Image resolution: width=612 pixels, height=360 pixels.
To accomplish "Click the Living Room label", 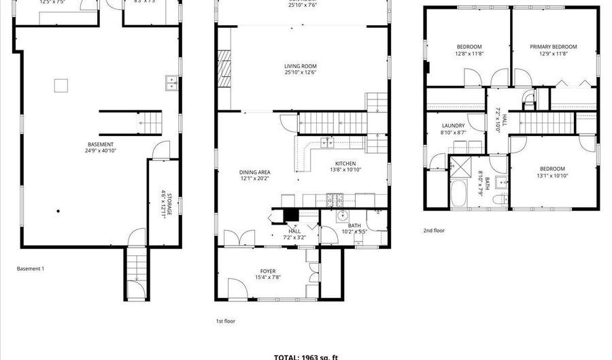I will point(301,66).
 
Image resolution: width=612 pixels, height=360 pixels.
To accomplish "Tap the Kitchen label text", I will point(343,163).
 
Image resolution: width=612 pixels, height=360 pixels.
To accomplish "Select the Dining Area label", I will point(255,172).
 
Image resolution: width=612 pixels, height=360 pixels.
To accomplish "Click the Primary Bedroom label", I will point(554,47).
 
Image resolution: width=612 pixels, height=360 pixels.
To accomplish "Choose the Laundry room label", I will point(453,126).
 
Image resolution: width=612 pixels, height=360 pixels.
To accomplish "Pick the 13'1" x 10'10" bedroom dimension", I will point(552,176).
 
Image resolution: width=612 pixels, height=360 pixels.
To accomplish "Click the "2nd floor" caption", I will point(434,231).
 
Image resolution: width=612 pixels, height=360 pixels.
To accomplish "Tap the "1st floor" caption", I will point(226,321).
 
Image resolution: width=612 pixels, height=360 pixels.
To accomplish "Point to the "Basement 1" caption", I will point(31,269).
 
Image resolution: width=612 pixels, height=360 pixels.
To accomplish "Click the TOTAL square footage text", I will point(305,357).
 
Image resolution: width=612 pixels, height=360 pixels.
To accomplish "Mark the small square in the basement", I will point(61,85).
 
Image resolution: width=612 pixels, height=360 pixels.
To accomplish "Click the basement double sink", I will point(171,83).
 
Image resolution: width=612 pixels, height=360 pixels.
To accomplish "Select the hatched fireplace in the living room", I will point(222,68).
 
